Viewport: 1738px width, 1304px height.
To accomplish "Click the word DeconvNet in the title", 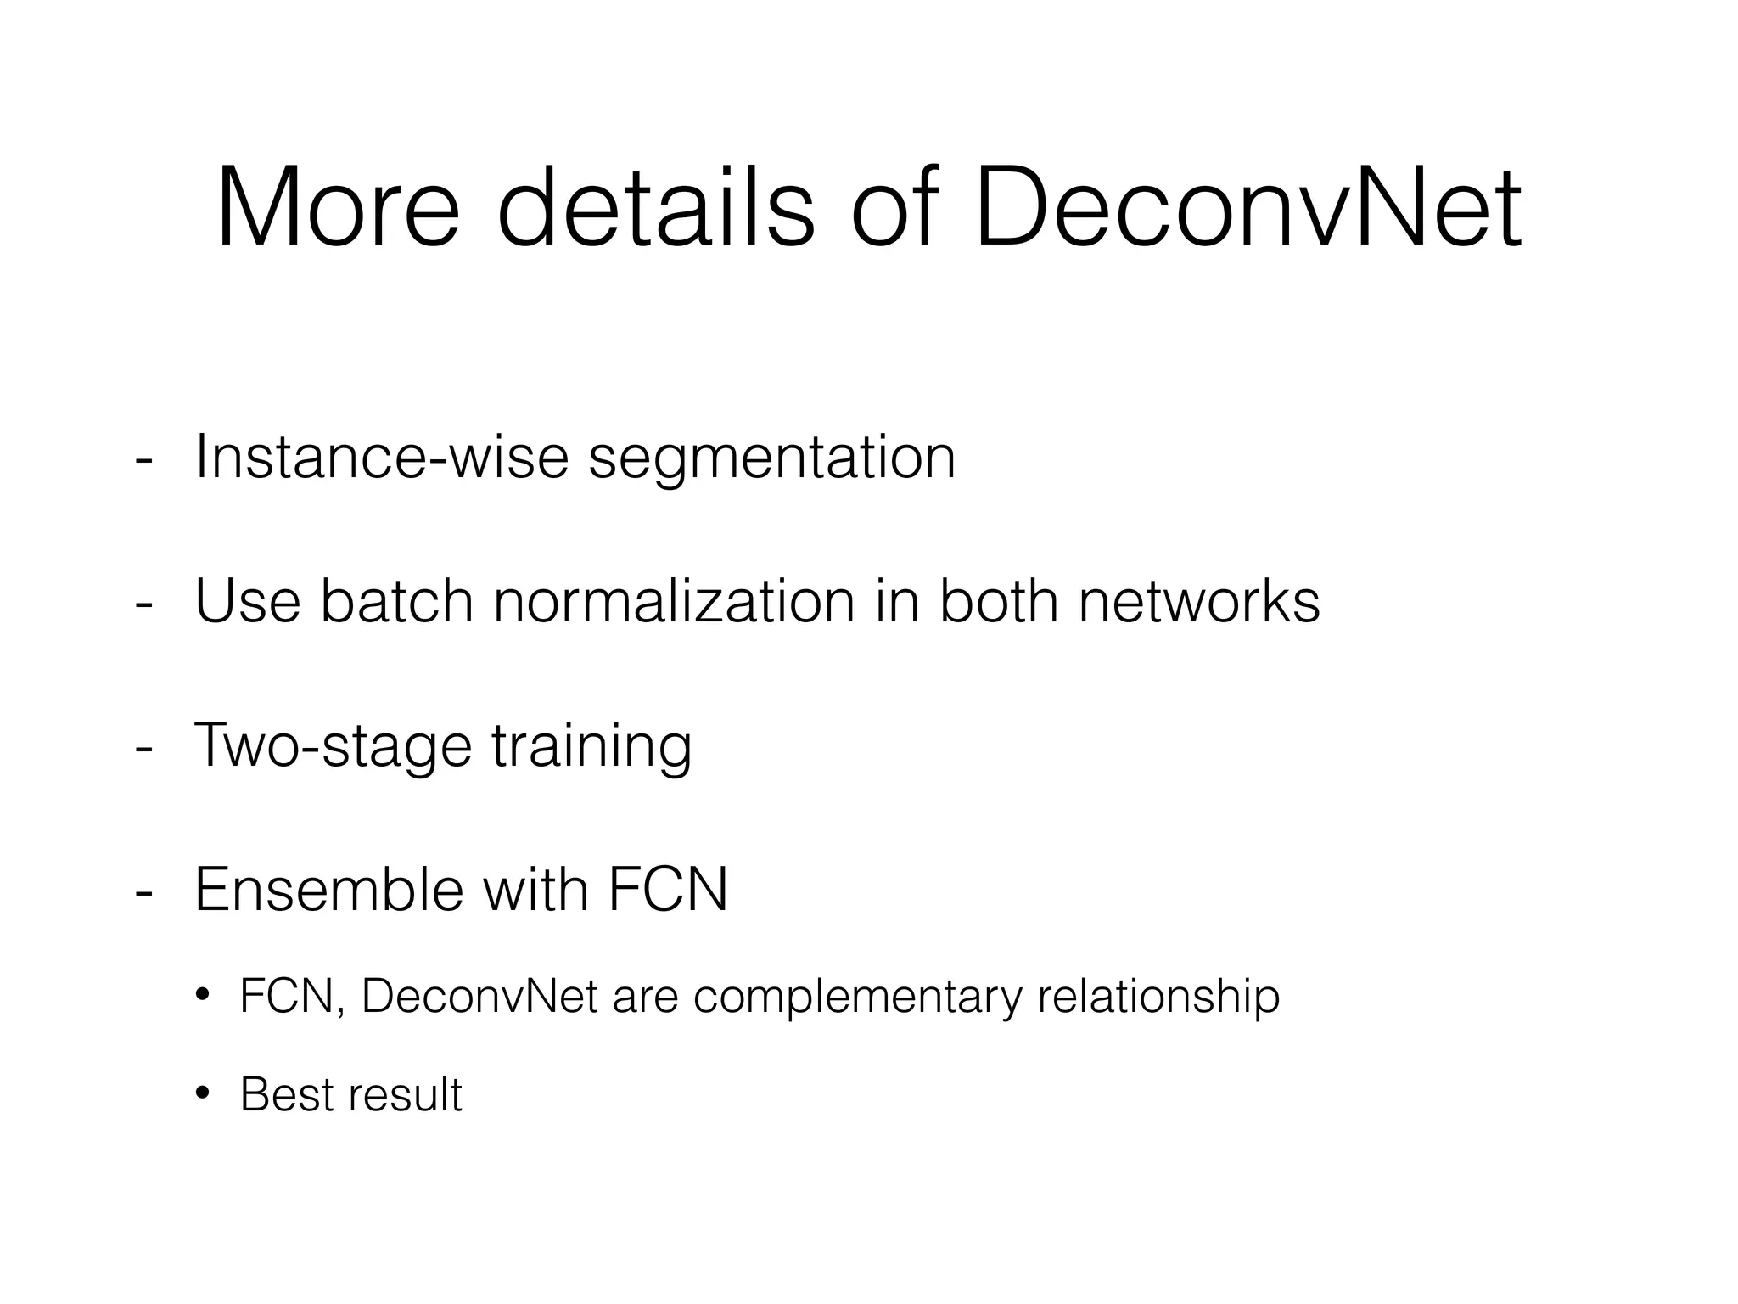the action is click(x=1247, y=209).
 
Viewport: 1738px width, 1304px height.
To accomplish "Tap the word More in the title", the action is click(x=338, y=209).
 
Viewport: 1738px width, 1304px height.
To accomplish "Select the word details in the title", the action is click(x=654, y=209).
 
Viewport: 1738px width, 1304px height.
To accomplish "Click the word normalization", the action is click(x=674, y=602).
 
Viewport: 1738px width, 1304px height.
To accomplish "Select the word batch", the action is click(x=396, y=602).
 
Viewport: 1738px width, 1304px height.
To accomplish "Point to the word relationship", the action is click(x=1158, y=998).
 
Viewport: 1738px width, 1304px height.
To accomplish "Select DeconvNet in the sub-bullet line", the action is click(x=479, y=997).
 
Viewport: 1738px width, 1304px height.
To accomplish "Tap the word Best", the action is click(x=288, y=1094).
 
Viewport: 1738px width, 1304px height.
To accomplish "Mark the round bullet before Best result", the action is click(x=202, y=1093).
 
